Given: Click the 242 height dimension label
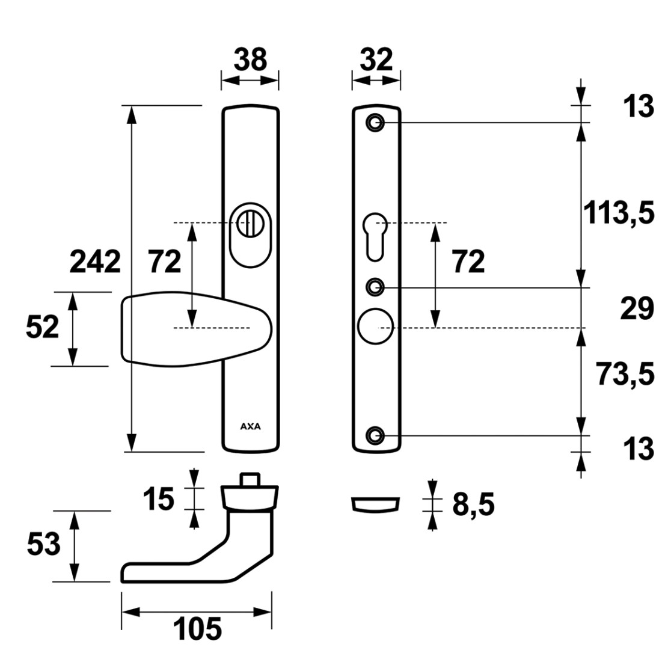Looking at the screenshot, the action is click(x=95, y=262).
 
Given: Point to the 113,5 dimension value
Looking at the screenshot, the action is click(x=619, y=213).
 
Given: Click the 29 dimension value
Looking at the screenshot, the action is click(x=637, y=308).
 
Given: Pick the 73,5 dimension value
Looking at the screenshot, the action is click(x=625, y=373).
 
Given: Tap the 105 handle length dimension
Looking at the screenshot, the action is click(x=197, y=629).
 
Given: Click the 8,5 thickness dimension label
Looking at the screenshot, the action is click(x=473, y=504).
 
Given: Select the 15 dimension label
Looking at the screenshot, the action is click(x=158, y=499).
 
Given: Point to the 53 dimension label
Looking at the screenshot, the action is click(x=44, y=545).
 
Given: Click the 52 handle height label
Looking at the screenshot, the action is click(x=42, y=327).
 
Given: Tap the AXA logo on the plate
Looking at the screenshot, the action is click(x=250, y=426).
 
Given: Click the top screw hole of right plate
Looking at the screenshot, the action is click(x=375, y=123).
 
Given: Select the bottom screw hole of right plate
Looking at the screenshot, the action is click(x=375, y=436).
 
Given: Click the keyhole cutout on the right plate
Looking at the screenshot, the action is click(x=375, y=236).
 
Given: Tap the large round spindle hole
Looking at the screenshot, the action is click(x=375, y=326).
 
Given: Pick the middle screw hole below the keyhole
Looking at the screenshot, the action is click(x=375, y=287).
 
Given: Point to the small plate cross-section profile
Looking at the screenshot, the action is click(x=375, y=504).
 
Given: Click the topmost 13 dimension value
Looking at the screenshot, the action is click(x=638, y=106).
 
